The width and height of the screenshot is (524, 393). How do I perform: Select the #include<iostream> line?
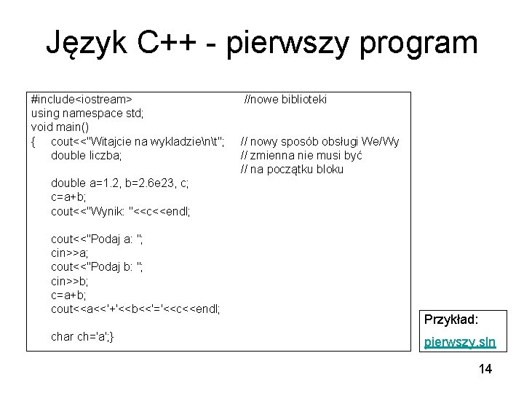[x=82, y=99]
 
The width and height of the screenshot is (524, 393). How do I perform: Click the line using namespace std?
[x=87, y=113]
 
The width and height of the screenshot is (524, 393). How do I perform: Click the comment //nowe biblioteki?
[x=285, y=99]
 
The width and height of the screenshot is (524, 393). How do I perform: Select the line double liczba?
[x=87, y=155]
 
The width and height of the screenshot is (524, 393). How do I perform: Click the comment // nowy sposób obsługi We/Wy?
[x=320, y=141]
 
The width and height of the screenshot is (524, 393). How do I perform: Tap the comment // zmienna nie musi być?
[x=301, y=155]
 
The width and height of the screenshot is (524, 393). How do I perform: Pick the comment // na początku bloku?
[x=292, y=170]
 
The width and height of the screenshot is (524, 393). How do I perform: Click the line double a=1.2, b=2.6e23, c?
[x=120, y=183]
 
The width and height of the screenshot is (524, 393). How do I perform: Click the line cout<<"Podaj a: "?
[x=97, y=239]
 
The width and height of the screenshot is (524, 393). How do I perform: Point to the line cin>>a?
[x=70, y=253]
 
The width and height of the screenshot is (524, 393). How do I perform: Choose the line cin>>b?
[x=70, y=281]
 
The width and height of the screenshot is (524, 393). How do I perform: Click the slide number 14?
[x=485, y=370]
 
